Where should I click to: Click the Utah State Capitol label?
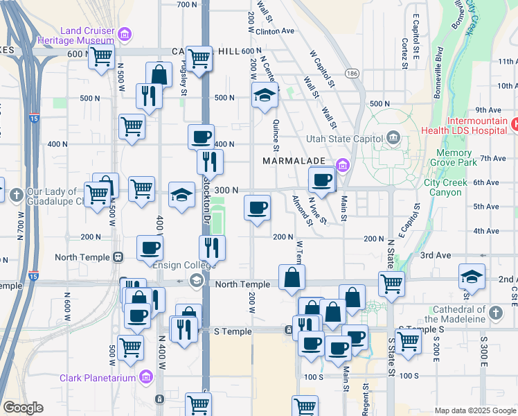click(x=345, y=138)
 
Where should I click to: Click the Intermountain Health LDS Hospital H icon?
click(x=515, y=125)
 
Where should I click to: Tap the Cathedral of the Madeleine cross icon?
click(x=495, y=313)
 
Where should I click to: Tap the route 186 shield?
click(x=352, y=73)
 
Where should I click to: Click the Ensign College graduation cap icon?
click(x=197, y=280)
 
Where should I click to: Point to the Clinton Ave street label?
click(x=275, y=31)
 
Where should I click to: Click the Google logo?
click(x=23, y=408)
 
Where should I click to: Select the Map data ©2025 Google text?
click(x=474, y=410)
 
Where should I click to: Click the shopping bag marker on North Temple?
click(x=292, y=277)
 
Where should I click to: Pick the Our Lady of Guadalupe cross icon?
click(x=17, y=193)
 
